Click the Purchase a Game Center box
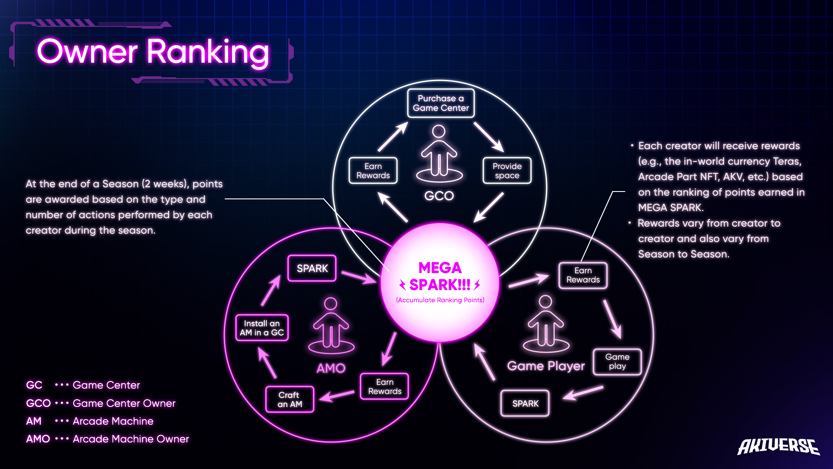[x=441, y=103]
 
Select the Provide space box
[x=507, y=171]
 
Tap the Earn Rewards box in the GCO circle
[x=373, y=171]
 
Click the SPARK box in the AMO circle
[x=312, y=268]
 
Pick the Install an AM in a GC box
[x=262, y=328]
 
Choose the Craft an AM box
[x=289, y=400]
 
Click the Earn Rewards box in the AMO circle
[x=384, y=386]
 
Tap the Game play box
[x=617, y=361]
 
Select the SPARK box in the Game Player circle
[x=525, y=403]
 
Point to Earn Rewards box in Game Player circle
[x=583, y=275]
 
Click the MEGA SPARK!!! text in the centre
[x=440, y=277]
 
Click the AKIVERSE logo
[x=778, y=446]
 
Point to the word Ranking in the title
[x=208, y=52]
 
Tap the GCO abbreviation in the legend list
[x=38, y=403]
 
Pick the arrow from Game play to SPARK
[x=583, y=393]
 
